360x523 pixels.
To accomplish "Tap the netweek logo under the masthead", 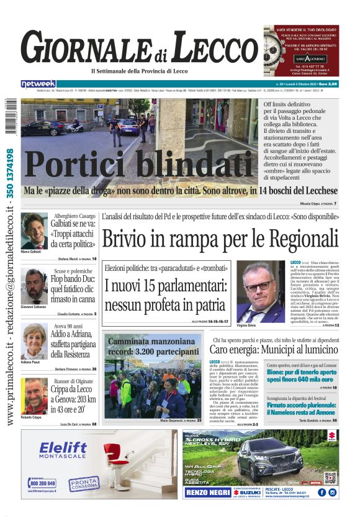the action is (38, 84).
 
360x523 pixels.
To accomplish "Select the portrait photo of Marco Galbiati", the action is (34, 231).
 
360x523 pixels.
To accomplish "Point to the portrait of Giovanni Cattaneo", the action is (34, 286).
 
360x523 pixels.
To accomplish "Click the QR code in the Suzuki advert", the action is (330, 477).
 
